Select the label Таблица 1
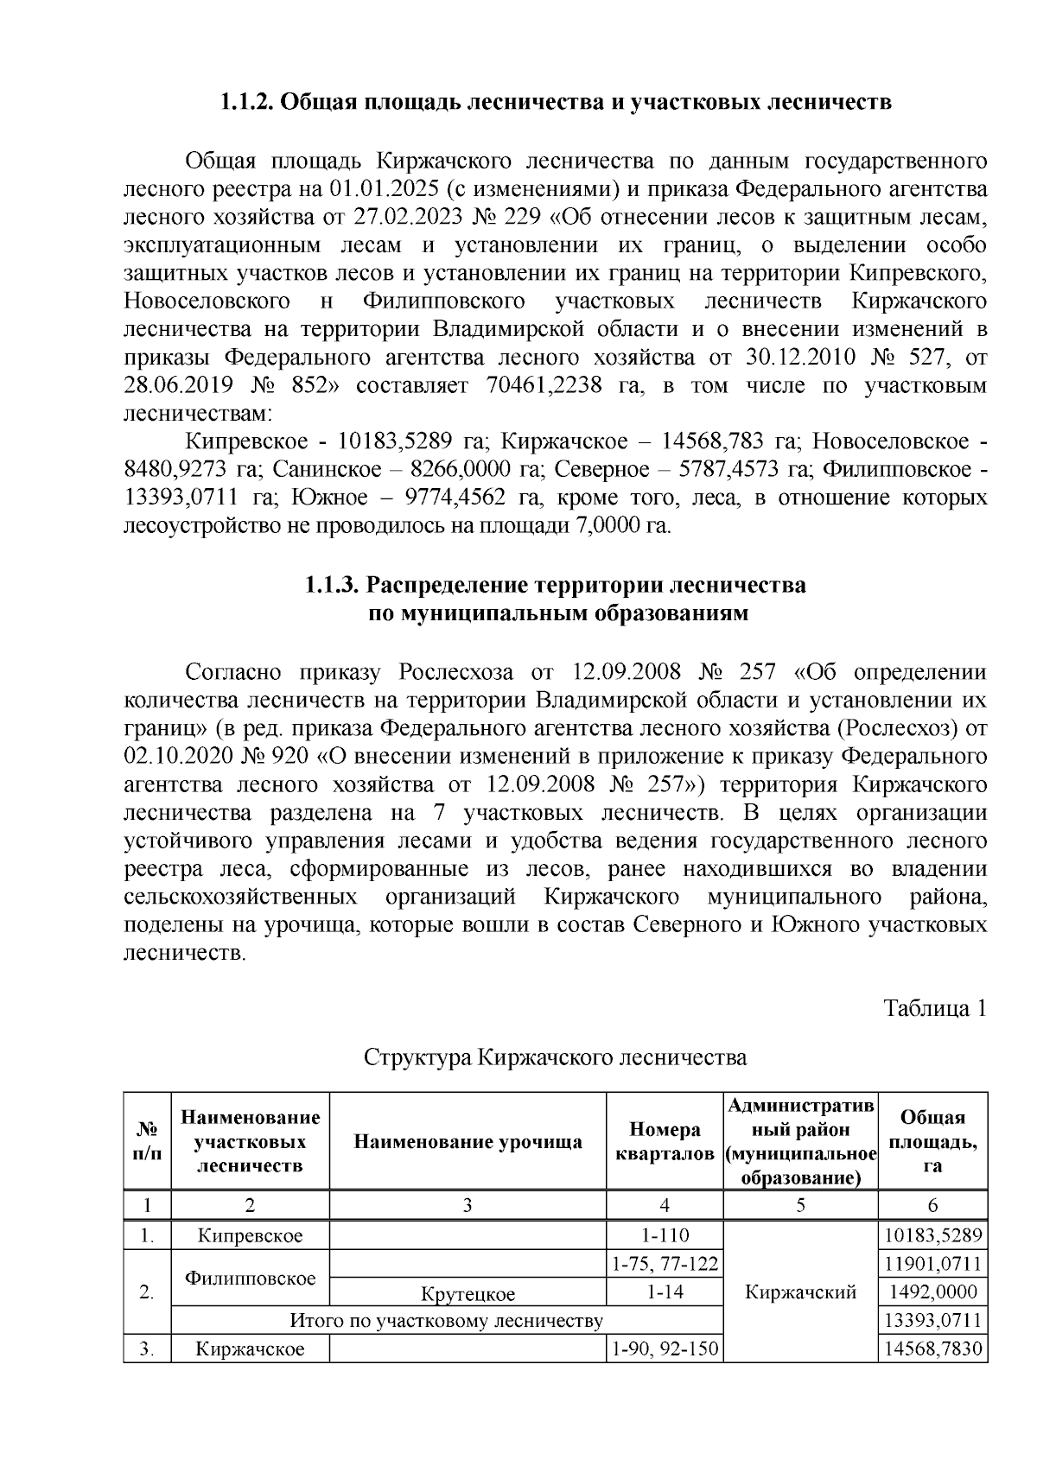[x=934, y=1008]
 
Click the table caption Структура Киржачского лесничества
[x=555, y=1057]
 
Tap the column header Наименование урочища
[x=468, y=1142]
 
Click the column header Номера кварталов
[x=665, y=1142]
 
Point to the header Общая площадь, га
[x=932, y=1142]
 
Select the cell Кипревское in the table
[x=250, y=1235]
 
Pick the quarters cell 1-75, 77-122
[x=665, y=1265]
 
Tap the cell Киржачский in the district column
[x=800, y=1292]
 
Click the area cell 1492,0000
[x=932, y=1292]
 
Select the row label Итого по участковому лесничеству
[x=446, y=1321]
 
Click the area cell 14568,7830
[x=932, y=1349]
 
